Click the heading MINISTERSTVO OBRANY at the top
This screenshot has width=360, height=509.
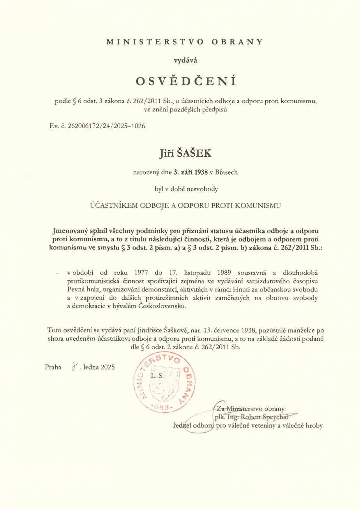point(185,41)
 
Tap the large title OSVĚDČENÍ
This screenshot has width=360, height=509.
point(186,81)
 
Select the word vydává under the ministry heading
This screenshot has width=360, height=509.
point(185,60)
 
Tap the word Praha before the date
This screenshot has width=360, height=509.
point(53,366)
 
